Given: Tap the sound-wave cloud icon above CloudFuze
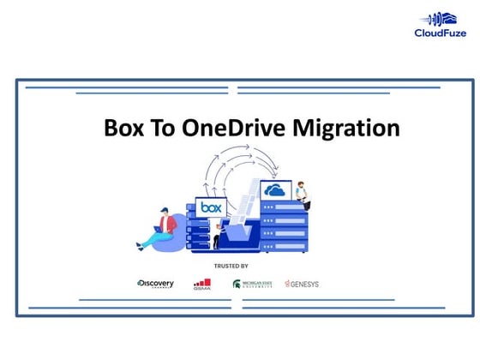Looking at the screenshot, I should click(441, 18).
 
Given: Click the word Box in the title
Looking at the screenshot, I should click(123, 129).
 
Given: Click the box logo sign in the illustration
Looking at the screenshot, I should click(211, 207).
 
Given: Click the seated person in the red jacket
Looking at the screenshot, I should click(165, 229).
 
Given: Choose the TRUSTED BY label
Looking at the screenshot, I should click(231, 267).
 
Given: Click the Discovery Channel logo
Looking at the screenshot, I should click(155, 284).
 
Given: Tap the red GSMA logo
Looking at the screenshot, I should click(202, 284).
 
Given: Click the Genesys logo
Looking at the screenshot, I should click(302, 284).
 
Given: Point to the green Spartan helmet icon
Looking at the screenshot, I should click(236, 284).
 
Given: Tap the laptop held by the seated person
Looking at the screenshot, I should click(155, 230).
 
